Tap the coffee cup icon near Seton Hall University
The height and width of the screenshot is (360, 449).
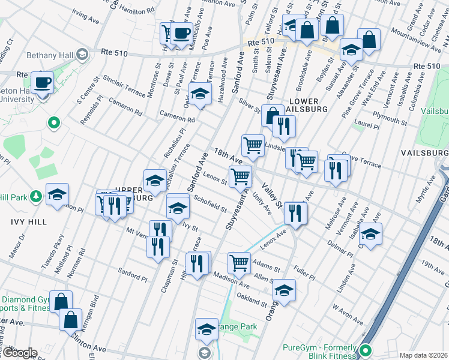pos(42,82)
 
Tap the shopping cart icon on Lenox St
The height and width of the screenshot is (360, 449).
pos(240,176)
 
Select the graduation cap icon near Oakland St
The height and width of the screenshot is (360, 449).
pos(283,292)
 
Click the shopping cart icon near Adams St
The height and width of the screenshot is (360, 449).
pos(239,262)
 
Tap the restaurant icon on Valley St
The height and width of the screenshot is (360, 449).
pos(295,212)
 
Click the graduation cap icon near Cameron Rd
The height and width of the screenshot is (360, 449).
pos(200,93)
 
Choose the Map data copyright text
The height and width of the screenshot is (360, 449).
pos(423,355)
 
